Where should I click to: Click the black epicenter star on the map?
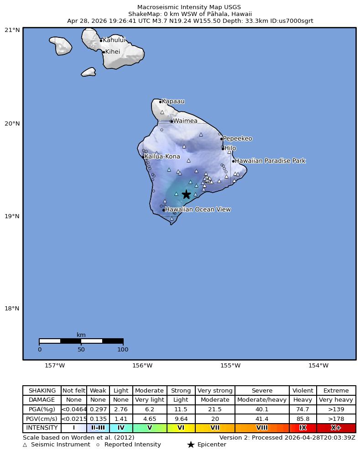coord(186,194)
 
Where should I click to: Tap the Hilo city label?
coord(230,148)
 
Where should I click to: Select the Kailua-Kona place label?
coord(162,157)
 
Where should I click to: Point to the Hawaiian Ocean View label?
coord(198,210)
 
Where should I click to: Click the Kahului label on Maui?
coord(114,40)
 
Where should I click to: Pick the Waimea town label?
coord(185,121)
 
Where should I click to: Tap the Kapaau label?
coord(173,101)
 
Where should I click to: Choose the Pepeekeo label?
coord(237,139)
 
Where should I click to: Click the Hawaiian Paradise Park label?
coord(270,161)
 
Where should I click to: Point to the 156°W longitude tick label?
coord(142,365)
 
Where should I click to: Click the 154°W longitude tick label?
coord(318,365)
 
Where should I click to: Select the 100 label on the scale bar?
coord(123,350)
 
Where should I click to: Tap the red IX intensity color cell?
coord(303,428)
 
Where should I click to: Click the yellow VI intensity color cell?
coord(181,428)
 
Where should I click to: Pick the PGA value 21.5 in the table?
coord(215,409)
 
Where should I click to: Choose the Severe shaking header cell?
coord(262,391)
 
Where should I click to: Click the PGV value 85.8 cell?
coord(303,419)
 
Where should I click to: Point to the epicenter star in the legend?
coord(191,445)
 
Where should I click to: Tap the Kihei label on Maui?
coord(112,52)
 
